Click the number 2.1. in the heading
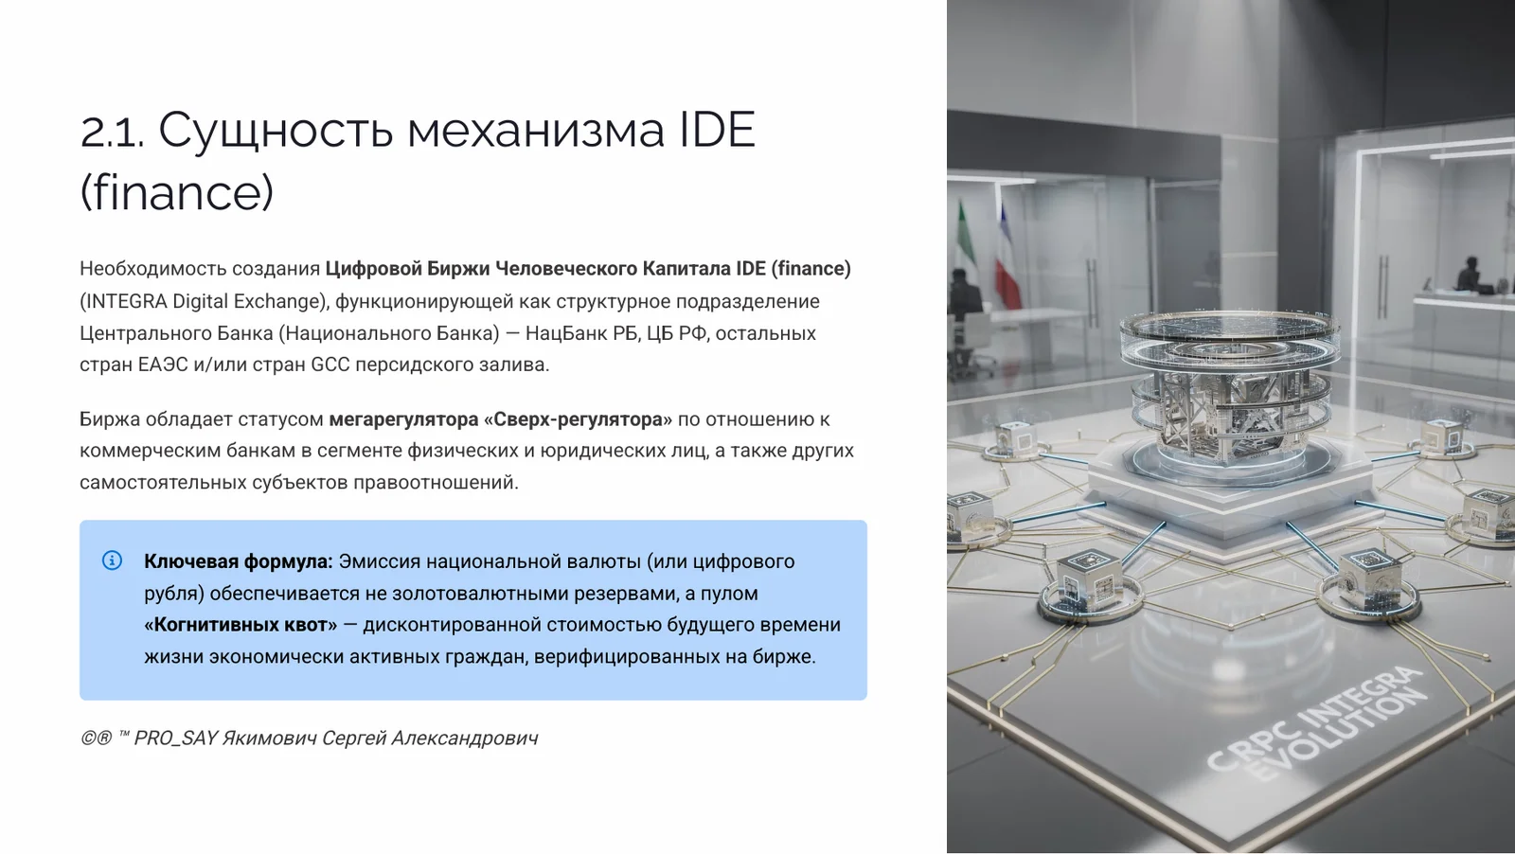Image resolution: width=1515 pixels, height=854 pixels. [112, 132]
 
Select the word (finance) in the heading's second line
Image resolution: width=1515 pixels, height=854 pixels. [177, 193]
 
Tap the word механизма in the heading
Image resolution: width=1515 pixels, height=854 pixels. [535, 132]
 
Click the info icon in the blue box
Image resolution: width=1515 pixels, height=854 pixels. [112, 560]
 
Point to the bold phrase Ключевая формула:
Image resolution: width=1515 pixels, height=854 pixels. [238, 561]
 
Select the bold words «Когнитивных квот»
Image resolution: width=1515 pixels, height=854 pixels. [241, 625]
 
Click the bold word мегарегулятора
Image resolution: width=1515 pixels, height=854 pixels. [403, 419]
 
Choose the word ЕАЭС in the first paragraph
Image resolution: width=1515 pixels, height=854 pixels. [163, 365]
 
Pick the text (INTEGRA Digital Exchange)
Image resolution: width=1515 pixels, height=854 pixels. [205, 301]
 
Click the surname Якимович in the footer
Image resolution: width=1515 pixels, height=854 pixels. [269, 738]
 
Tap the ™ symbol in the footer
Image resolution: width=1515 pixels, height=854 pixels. [124, 736]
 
